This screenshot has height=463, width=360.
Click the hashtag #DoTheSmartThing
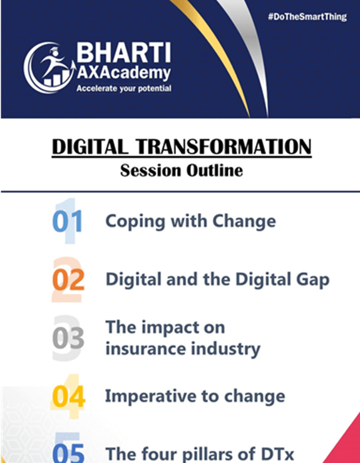[307, 17]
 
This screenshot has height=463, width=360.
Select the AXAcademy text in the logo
[124, 73]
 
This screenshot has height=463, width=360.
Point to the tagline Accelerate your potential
[124, 88]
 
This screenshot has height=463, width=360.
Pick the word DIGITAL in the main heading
[90, 147]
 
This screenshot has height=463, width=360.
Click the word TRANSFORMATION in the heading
[224, 147]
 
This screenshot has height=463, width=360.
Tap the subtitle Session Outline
[182, 170]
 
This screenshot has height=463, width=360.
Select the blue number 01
[67, 221]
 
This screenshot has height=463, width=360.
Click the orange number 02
[68, 279]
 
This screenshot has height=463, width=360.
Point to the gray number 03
[68, 338]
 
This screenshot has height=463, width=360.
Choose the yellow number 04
[69, 396]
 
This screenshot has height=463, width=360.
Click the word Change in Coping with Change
[244, 221]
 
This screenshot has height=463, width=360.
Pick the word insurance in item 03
[145, 348]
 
